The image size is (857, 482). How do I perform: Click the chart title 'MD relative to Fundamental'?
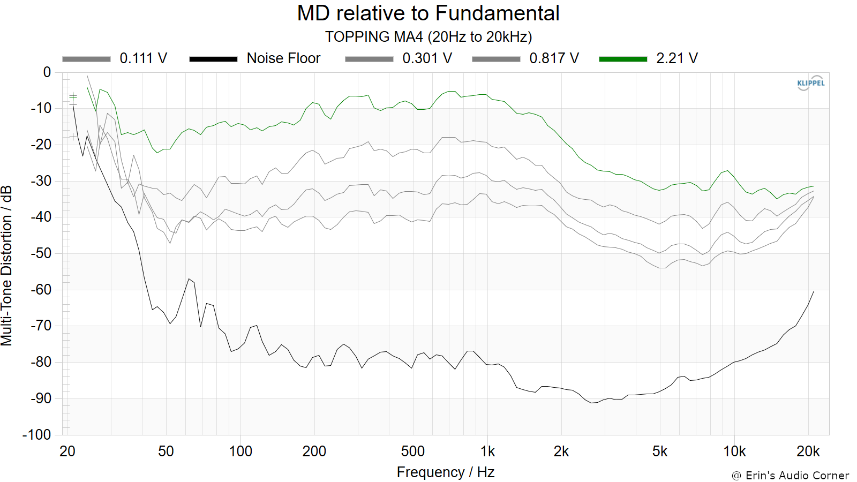428,13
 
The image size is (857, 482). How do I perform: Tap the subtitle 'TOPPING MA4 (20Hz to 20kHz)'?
428,37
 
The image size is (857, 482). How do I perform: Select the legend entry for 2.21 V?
648,58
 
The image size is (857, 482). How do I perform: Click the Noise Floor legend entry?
255,58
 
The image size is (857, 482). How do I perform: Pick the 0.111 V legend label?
143,58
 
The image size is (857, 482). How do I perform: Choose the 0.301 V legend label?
427,58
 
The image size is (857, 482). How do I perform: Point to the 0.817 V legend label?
554,58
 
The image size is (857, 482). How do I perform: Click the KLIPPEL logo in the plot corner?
811,83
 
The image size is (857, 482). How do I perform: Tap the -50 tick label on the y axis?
41,253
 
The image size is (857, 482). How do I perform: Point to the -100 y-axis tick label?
37,434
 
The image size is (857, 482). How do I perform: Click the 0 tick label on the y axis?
47,72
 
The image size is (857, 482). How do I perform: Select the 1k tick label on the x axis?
487,452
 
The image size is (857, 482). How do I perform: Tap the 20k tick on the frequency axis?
808,452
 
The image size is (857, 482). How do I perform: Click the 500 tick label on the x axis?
413,452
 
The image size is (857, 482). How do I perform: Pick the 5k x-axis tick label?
659,452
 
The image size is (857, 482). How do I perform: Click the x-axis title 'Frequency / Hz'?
446,472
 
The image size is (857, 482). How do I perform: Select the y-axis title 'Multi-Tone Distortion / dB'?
6,266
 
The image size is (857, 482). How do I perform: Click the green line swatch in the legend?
623,59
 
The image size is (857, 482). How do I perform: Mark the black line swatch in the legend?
214,59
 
